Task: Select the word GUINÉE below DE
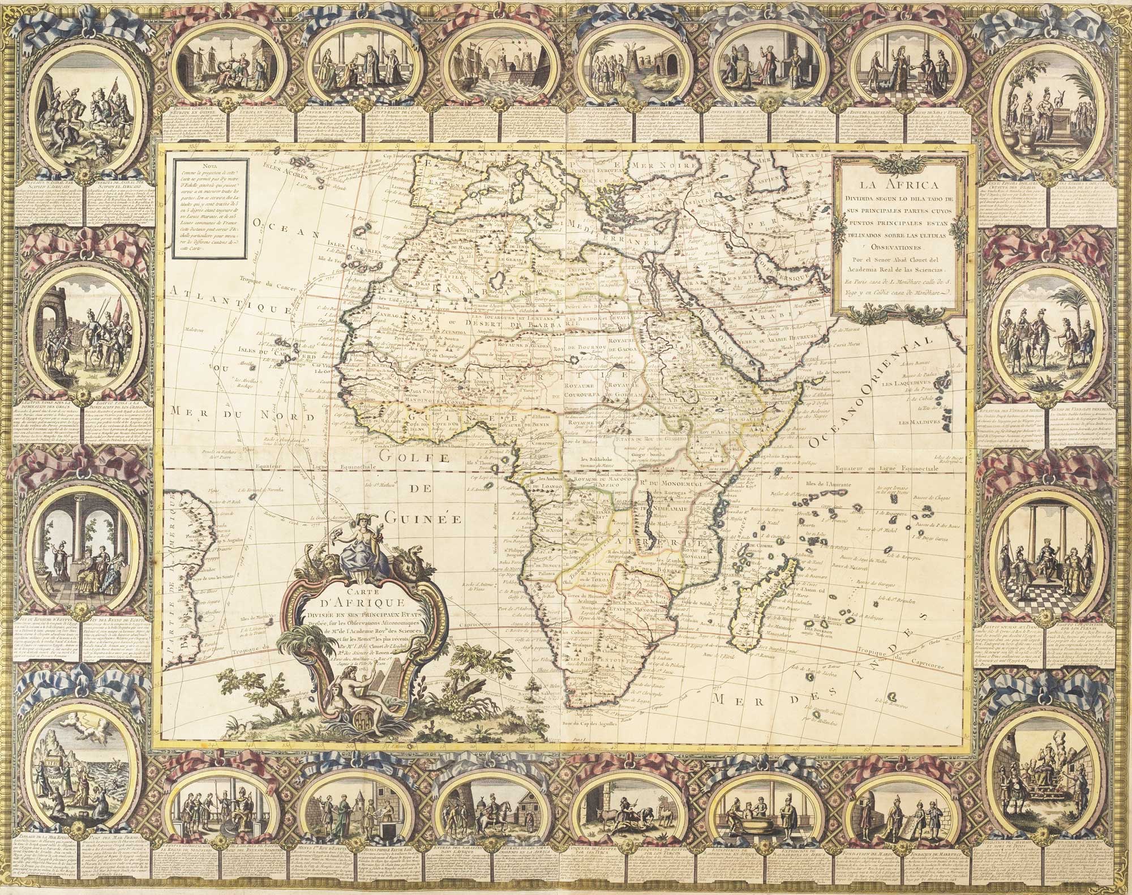click(x=419, y=517)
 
